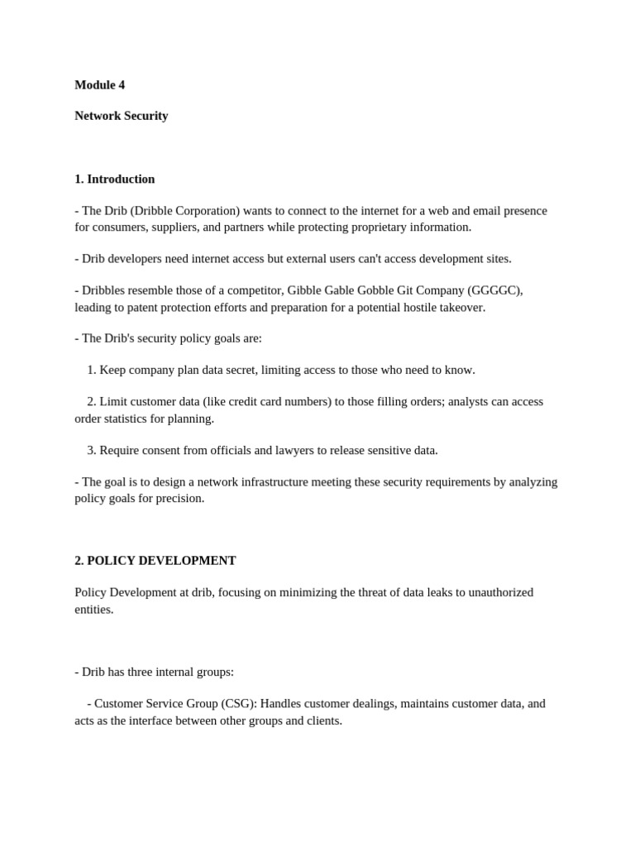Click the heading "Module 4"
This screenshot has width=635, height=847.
pyautogui.click(x=99, y=85)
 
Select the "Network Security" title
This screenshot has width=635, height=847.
pyautogui.click(x=121, y=116)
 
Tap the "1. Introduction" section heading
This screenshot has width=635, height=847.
pyautogui.click(x=114, y=179)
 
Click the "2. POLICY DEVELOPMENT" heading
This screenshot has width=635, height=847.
pyautogui.click(x=155, y=561)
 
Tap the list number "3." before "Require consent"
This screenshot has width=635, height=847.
pyautogui.click(x=92, y=451)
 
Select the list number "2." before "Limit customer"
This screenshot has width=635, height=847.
pyautogui.click(x=92, y=402)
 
